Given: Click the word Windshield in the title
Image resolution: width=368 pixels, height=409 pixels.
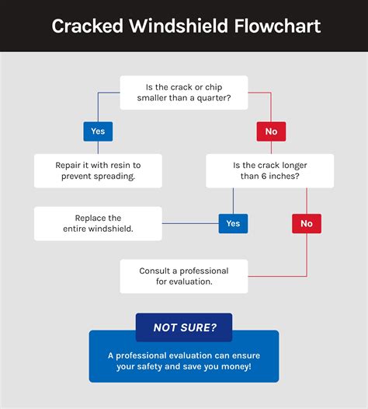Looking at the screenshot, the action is tap(179, 26).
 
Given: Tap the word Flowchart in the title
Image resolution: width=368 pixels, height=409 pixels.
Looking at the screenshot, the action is tap(278, 26).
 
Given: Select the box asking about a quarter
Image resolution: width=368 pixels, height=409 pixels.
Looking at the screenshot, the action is tap(184, 93).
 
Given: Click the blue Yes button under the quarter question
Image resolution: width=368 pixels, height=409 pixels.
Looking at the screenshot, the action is tap(98, 131).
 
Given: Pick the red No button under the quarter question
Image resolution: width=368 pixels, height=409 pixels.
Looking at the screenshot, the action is tap(271, 131).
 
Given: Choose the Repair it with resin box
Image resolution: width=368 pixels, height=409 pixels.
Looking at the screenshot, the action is tap(98, 171).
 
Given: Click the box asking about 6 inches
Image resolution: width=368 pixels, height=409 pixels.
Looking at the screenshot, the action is tap(270, 171).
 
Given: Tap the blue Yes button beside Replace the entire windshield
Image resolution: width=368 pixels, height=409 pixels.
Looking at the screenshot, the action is tap(233, 223).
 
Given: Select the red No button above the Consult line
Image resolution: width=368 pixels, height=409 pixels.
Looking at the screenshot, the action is tap(307, 223).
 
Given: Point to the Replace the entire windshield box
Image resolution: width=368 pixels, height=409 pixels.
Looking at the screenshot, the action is tap(98, 223).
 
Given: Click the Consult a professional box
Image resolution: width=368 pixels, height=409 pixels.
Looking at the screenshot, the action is tap(184, 276).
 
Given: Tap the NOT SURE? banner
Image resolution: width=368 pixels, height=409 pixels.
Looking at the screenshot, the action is tap(184, 327).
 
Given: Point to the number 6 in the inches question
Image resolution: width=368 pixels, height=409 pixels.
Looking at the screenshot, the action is tap(264, 176).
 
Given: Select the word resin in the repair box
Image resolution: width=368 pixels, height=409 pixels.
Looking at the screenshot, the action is tap(120, 165).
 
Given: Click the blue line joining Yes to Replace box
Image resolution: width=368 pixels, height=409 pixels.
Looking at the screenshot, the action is tap(190, 223).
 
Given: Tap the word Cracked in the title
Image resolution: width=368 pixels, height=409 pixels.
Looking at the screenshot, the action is tap(87, 26).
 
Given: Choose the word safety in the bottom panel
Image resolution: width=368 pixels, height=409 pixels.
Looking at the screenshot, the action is tap(150, 366).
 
